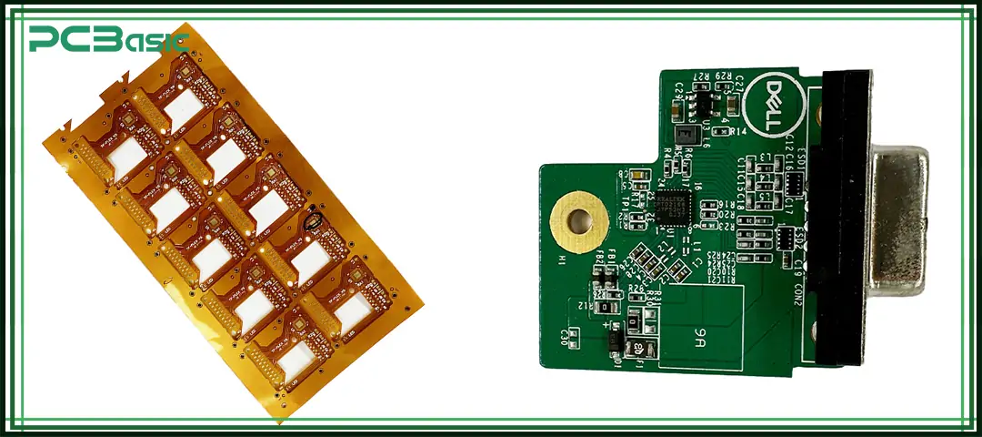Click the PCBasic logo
click(107, 38)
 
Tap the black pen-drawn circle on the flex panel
click(315, 219)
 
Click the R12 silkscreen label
click(583, 305)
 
